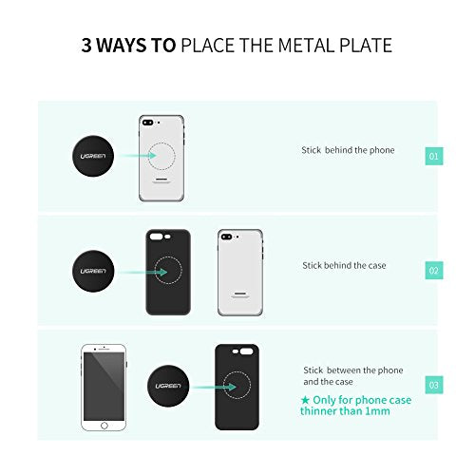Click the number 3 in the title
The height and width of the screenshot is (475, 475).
(85, 45)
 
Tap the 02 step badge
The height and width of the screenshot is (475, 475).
(433, 271)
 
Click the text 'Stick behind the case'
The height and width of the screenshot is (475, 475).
(344, 265)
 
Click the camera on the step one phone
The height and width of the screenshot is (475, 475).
(148, 123)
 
